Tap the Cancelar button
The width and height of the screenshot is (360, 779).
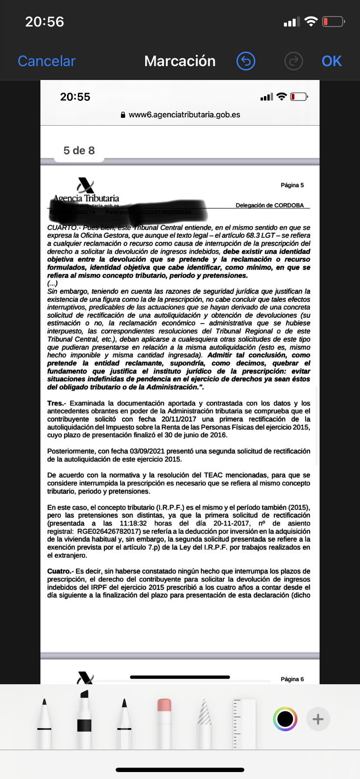coord(47,61)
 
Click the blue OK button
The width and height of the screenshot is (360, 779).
coord(331,61)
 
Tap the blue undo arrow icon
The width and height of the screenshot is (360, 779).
coord(246,61)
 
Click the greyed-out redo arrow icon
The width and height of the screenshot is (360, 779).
coord(293,61)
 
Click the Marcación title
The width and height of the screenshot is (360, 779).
coord(180,61)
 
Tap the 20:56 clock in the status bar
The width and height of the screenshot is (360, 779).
coord(44,22)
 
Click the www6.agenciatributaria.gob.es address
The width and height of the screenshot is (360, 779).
coord(184,115)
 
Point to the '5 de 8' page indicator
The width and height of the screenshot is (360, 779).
coord(79,150)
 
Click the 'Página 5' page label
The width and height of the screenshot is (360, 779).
coord(292,185)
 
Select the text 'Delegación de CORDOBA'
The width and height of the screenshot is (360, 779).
coord(270,205)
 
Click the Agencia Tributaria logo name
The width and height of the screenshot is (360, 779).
coord(86,198)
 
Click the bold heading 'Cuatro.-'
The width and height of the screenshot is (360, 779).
coord(60,571)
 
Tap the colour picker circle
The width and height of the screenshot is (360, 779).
coord(285,719)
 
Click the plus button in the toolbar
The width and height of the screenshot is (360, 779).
coord(318,719)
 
